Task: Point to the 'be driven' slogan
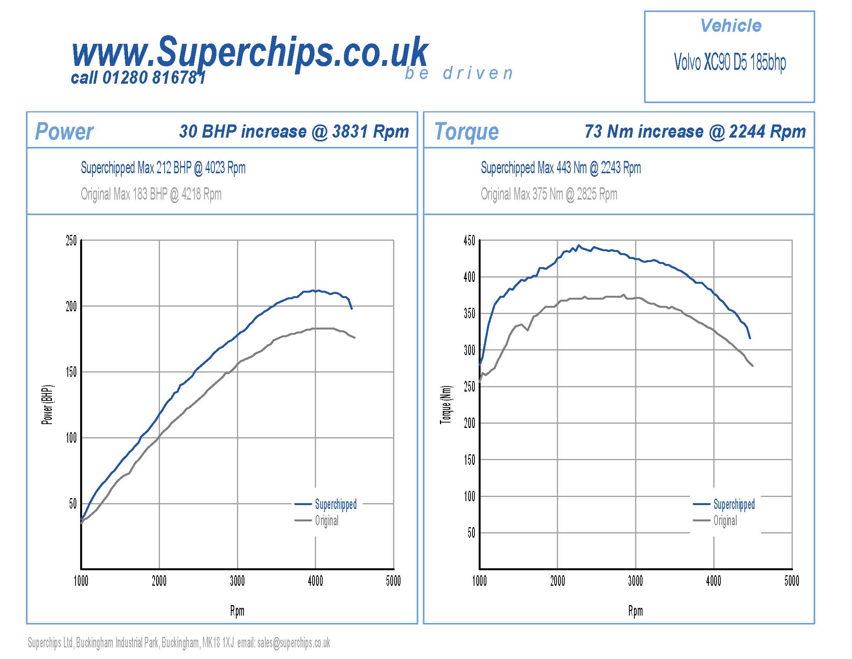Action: pos(459,73)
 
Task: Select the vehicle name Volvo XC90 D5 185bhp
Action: pos(730,62)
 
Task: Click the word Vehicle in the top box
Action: pos(730,26)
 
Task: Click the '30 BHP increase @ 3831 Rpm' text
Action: pos(294,131)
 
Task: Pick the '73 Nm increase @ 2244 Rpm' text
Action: pos(695,131)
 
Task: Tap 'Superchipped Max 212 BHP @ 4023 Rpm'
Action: pos(163,168)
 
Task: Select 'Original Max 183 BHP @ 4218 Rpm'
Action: pos(151,194)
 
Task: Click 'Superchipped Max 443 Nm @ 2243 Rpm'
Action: pos(561,168)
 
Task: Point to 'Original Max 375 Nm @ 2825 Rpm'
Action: pos(549,194)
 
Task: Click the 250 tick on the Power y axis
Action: pos(71,240)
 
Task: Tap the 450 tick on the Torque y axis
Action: pos(469,240)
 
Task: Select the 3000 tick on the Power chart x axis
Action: pos(237,581)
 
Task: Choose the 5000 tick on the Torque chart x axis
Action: pos(792,581)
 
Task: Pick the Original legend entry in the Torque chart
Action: pos(725,520)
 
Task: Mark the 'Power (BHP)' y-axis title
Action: pos(48,405)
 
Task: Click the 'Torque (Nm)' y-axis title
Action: pos(446,405)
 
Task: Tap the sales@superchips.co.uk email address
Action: pos(294,643)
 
